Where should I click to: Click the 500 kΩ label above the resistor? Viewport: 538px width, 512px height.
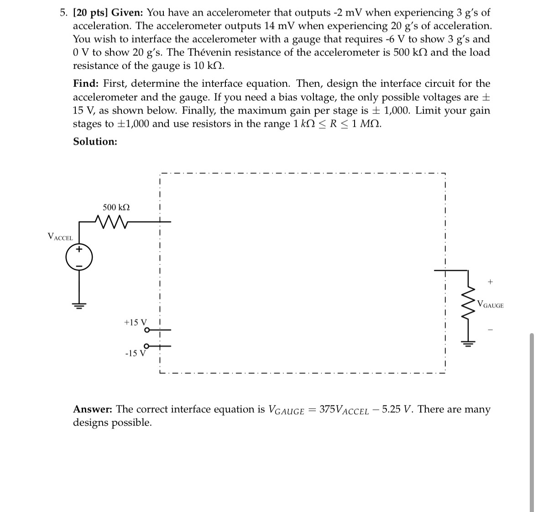point(116,207)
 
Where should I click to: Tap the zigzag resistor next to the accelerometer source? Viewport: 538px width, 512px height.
point(111,222)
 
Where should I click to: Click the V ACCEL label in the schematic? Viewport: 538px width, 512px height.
point(60,236)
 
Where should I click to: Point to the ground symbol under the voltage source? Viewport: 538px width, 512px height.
point(79,305)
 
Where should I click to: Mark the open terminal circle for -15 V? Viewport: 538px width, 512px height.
point(146,346)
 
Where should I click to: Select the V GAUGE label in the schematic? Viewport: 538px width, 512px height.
point(490,304)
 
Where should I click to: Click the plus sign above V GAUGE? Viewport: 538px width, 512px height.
point(490,282)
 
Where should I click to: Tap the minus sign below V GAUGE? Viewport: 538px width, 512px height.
point(490,329)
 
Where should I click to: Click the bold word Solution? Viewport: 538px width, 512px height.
point(95,141)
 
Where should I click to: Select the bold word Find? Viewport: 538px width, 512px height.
point(86,84)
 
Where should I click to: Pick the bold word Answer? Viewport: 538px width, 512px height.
point(93,409)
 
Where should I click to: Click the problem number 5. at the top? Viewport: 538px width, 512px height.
point(64,13)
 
